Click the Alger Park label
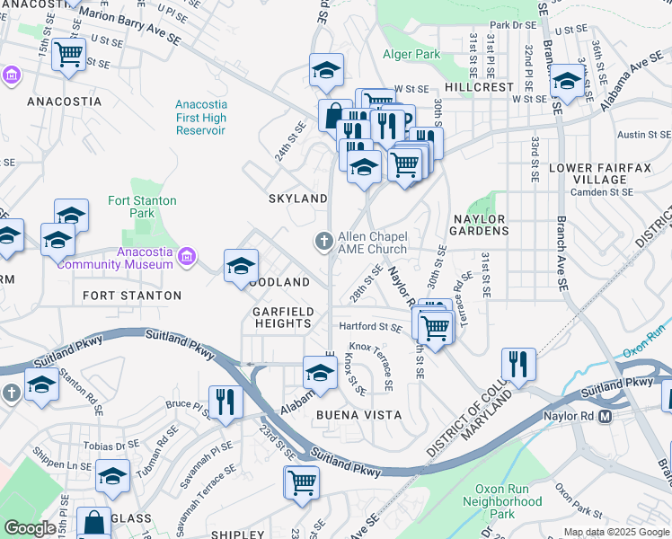(412, 54)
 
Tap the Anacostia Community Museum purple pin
(187, 258)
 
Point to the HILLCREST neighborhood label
(479, 88)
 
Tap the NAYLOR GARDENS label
(479, 225)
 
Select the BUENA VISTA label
(351, 416)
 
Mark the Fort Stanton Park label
(142, 207)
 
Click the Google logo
(30, 528)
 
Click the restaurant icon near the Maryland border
(518, 363)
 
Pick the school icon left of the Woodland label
(241, 266)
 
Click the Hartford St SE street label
(369, 327)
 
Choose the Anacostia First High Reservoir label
(201, 118)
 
